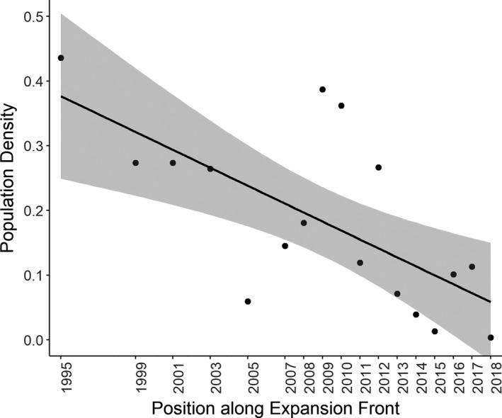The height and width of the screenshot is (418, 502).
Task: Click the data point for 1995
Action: click(x=61, y=58)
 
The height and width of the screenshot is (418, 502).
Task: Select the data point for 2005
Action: click(x=248, y=301)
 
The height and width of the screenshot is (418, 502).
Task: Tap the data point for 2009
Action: click(x=322, y=90)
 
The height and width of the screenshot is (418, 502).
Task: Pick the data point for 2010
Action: click(x=341, y=106)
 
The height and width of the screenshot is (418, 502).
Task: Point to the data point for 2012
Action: click(x=378, y=167)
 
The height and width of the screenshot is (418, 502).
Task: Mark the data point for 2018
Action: click(x=491, y=338)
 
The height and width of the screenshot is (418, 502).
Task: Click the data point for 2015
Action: click(x=435, y=332)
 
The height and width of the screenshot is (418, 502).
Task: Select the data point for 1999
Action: click(x=136, y=163)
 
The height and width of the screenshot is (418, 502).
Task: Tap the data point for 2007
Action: click(x=285, y=246)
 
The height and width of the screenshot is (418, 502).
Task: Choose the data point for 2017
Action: click(x=472, y=267)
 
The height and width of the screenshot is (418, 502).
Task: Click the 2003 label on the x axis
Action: click(x=210, y=376)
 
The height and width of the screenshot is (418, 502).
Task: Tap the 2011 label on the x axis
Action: click(x=360, y=376)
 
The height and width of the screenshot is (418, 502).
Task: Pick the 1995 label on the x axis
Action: click(x=61, y=376)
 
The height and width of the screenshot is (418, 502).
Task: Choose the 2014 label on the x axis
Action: click(x=416, y=376)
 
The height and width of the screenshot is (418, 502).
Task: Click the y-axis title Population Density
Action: click(x=9, y=179)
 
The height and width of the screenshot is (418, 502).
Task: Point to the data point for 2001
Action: click(x=173, y=163)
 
